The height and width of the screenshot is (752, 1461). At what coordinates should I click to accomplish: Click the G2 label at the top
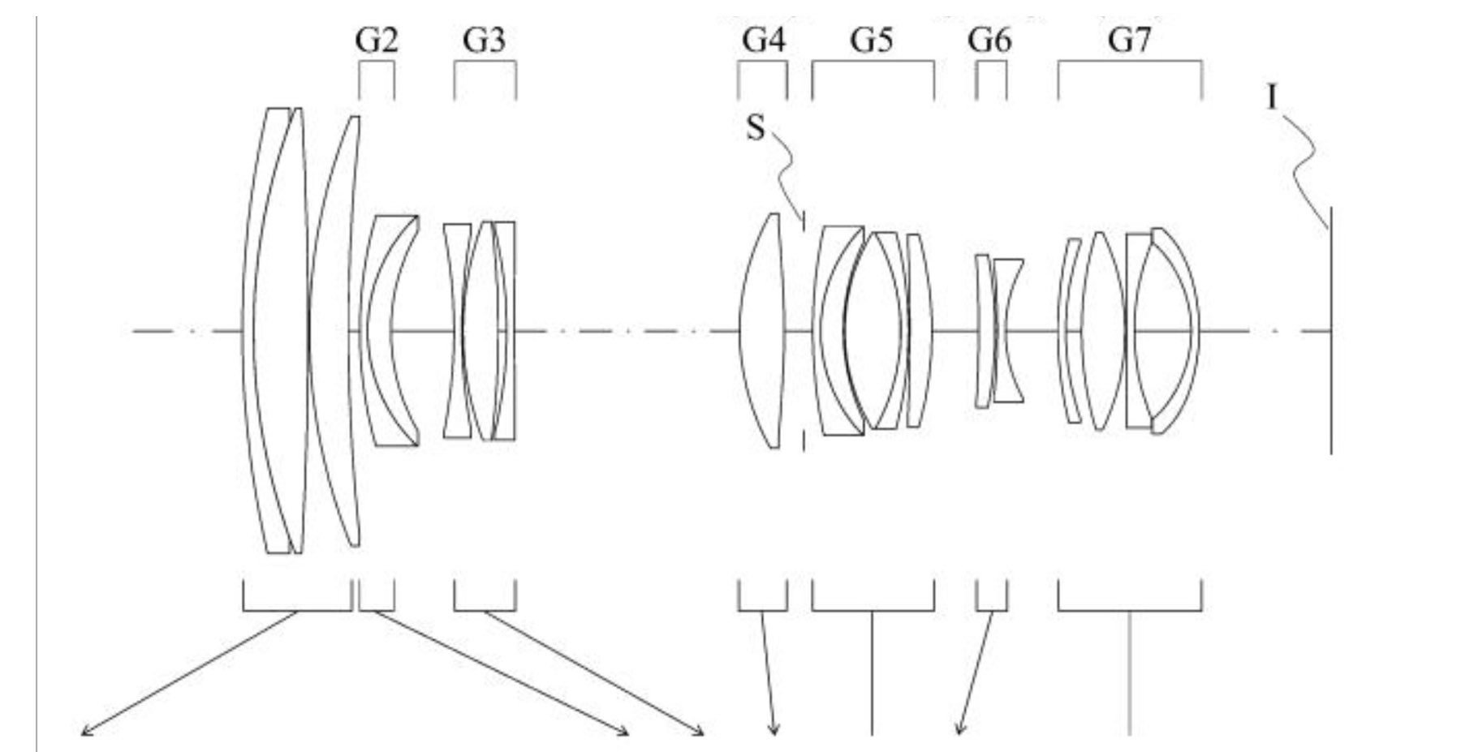click(377, 40)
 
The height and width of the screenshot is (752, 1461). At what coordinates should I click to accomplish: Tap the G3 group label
click(484, 40)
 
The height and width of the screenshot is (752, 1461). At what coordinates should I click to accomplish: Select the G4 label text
click(764, 40)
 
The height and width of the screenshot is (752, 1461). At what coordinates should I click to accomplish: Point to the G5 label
click(872, 40)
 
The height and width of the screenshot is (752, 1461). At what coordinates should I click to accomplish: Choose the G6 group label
click(989, 40)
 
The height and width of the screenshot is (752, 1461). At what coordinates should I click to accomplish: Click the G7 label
click(1130, 40)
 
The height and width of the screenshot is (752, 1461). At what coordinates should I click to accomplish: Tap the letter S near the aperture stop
click(755, 128)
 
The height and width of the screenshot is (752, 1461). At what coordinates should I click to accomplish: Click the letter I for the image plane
click(1272, 99)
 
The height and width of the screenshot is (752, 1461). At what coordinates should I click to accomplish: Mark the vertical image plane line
click(1330, 330)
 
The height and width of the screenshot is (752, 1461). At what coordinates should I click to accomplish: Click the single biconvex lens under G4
click(762, 330)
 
